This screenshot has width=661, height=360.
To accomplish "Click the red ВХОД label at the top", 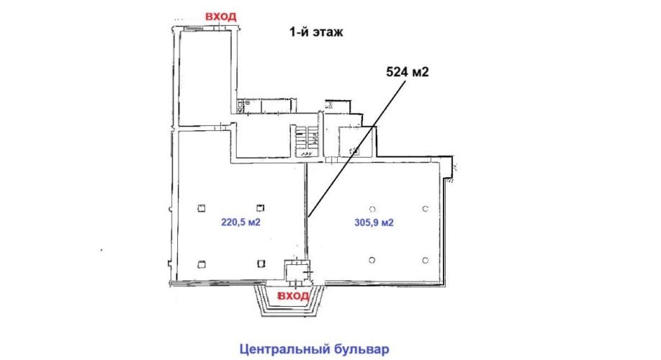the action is pyautogui.click(x=220, y=17).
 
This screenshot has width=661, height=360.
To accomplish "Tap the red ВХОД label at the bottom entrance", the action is pyautogui.click(x=293, y=296).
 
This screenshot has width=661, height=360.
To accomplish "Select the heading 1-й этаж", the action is pyautogui.click(x=316, y=32).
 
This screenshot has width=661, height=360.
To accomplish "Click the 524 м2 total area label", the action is pyautogui.click(x=408, y=72).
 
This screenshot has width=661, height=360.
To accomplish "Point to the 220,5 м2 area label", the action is pyautogui.click(x=240, y=222).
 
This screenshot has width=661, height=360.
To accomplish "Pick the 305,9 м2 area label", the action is pyautogui.click(x=374, y=222).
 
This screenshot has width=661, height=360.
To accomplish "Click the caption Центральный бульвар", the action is pyautogui.click(x=315, y=349).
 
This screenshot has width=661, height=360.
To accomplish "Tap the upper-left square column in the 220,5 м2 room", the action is pyautogui.click(x=202, y=208).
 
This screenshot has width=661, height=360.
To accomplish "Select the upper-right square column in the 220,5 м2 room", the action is pyautogui.click(x=261, y=208).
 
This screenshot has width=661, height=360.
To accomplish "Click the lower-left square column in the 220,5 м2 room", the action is pyautogui.click(x=202, y=264).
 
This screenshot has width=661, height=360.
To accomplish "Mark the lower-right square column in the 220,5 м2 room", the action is pyautogui.click(x=261, y=264).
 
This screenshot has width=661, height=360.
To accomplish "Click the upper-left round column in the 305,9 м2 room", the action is pyautogui.click(x=372, y=209).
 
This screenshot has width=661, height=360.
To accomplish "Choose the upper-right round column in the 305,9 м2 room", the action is pyautogui.click(x=426, y=209).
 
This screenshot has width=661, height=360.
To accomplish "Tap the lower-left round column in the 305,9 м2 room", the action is pyautogui.click(x=372, y=260).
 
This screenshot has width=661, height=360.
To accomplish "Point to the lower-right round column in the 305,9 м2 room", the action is pyautogui.click(x=426, y=260).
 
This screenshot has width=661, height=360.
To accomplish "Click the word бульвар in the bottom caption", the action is pyautogui.click(x=362, y=349).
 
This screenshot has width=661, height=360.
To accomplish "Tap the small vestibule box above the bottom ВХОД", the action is pyautogui.click(x=297, y=270).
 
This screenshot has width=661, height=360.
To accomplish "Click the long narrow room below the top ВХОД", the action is pyautogui.click(x=206, y=78).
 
